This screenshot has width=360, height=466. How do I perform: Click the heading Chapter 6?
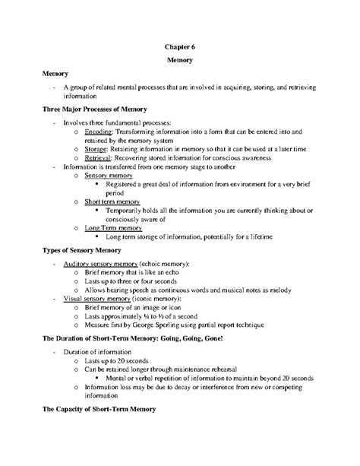pos(179,45)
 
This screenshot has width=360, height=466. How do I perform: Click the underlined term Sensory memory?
pos(109,175)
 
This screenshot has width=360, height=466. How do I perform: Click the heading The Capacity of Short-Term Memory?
pos(99,409)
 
